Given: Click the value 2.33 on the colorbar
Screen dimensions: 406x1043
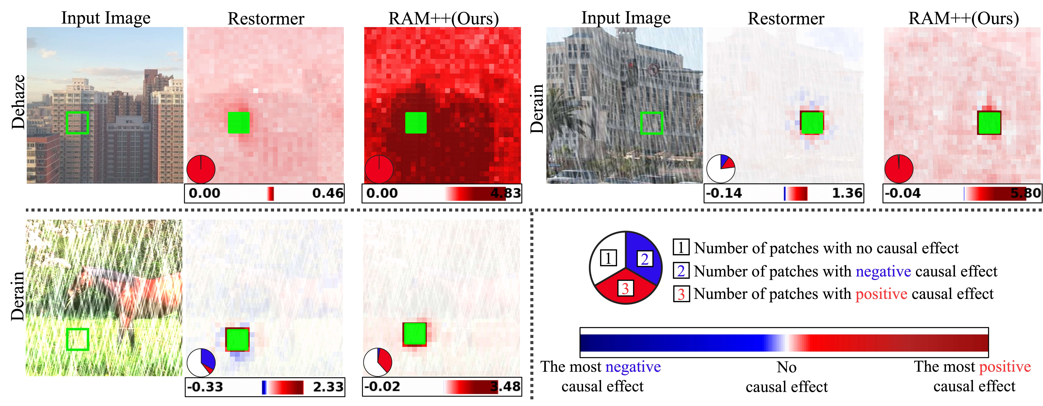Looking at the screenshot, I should (328, 387).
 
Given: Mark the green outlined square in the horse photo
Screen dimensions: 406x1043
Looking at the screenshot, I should (77, 339).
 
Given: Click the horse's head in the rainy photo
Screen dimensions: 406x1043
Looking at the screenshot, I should (77, 287).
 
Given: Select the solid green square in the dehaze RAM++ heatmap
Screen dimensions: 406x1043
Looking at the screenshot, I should (416, 123).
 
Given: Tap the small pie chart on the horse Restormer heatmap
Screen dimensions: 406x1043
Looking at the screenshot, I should (201, 362).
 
